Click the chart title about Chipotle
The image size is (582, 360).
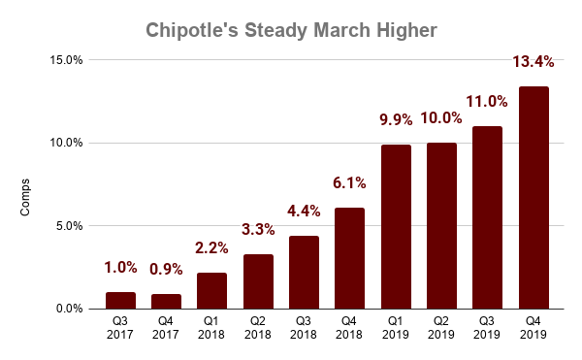(291, 30)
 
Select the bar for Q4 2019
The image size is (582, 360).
(533, 198)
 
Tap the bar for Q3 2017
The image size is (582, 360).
(120, 301)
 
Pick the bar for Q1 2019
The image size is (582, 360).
(396, 227)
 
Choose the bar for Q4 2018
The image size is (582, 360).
(350, 258)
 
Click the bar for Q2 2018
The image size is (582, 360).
(258, 281)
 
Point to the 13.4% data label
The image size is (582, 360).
(533, 62)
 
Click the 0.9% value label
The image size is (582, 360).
(166, 270)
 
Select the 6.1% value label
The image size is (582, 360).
(350, 183)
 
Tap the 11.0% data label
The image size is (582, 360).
(488, 102)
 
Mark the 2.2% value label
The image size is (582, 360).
(212, 248)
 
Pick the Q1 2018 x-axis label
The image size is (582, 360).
(212, 327)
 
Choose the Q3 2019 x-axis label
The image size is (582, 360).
(488, 327)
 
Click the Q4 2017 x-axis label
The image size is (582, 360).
(166, 327)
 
